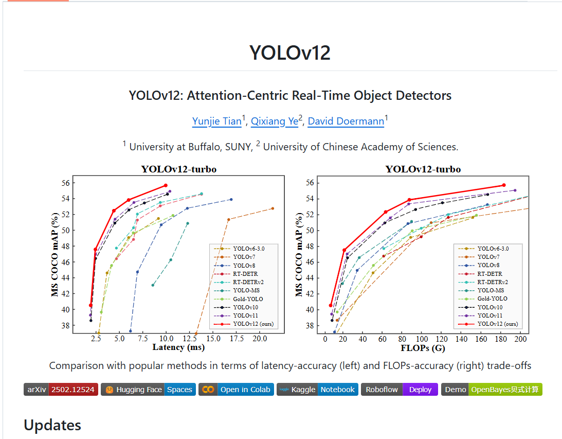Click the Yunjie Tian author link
point(216,121)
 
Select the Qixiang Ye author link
point(274,121)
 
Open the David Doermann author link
point(346,121)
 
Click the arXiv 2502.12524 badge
point(61,390)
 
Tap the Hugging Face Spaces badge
point(148,390)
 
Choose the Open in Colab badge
point(236,390)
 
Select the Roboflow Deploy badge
point(400,390)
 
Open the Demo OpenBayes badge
point(492,390)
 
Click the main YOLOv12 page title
point(290,53)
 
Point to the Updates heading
point(52,425)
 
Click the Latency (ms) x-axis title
point(178,347)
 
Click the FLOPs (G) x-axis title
point(423,348)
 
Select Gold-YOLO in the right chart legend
point(492,298)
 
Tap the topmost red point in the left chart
point(166,185)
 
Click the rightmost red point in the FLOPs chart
point(503,185)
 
